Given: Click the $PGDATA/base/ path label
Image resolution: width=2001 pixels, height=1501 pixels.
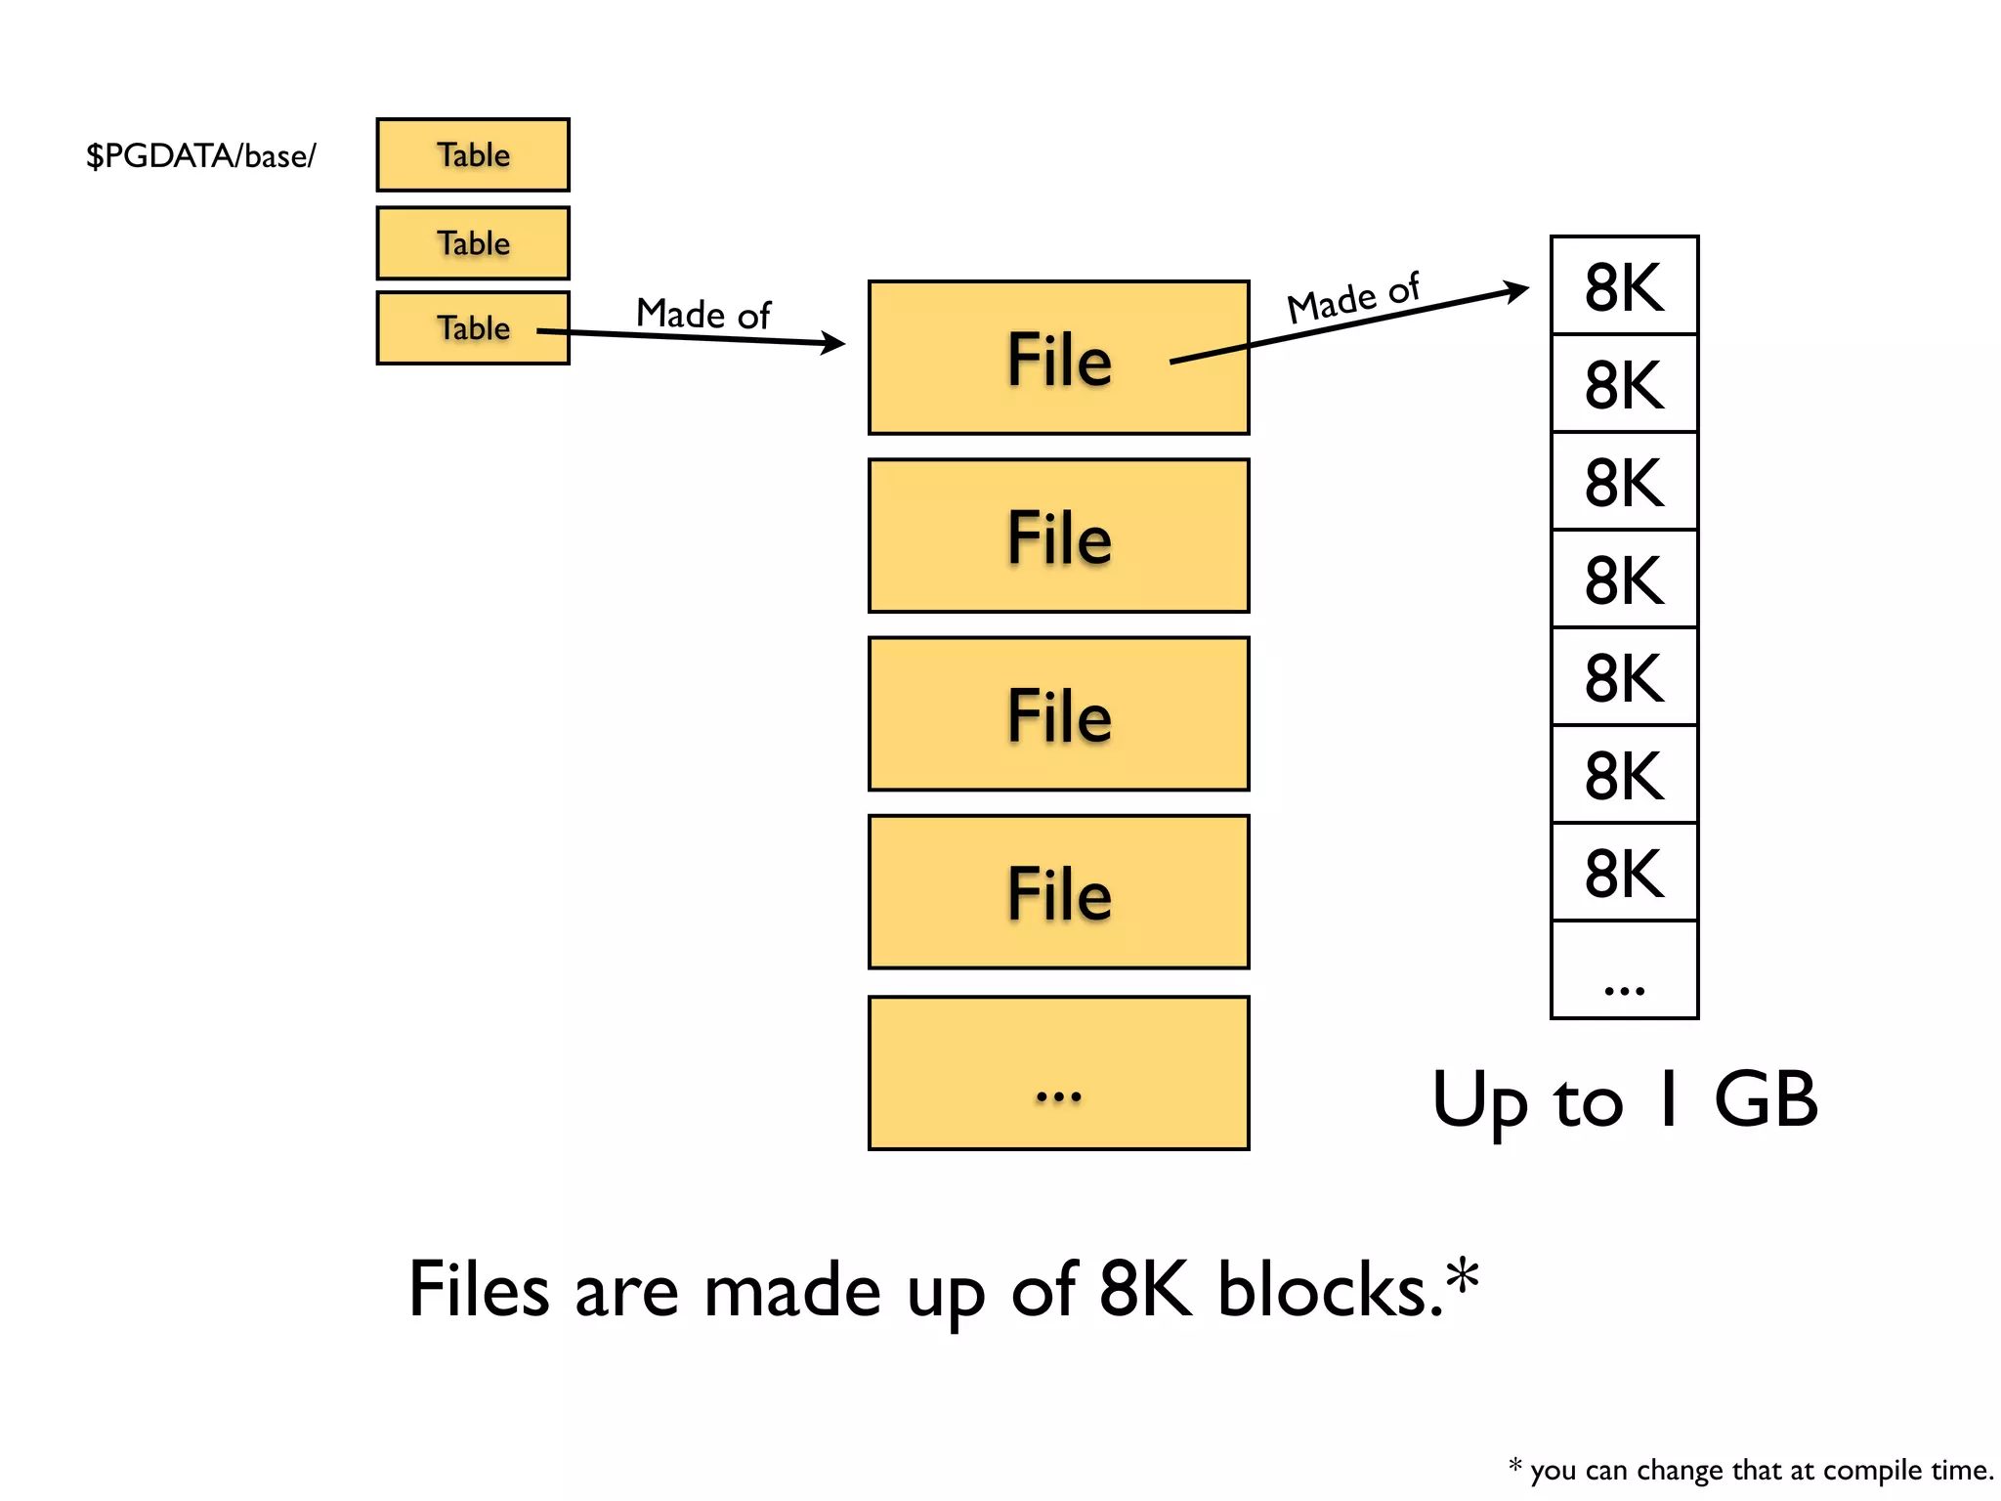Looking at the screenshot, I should point(200,155).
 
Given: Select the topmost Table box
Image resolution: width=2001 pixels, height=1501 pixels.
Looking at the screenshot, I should point(473,154).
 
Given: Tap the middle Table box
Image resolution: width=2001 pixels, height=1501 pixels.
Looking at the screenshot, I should point(473,242).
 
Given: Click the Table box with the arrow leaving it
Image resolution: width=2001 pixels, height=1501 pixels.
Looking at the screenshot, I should point(473,328).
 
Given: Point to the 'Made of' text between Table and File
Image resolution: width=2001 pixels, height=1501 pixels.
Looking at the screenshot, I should point(702,314).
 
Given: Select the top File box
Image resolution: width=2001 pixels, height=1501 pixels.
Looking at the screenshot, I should point(1058,359).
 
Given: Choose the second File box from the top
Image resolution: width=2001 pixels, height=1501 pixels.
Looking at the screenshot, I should point(1058,536).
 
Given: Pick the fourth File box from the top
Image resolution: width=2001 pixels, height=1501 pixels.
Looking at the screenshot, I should point(1058,892).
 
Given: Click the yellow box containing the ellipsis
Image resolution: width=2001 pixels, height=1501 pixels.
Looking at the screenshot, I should point(1058,1073).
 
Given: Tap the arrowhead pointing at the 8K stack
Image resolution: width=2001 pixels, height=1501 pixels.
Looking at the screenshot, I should point(1517,289).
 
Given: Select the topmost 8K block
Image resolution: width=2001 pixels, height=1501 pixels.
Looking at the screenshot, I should point(1624,286).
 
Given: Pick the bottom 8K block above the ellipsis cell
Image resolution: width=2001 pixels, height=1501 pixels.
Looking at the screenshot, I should point(1624,873).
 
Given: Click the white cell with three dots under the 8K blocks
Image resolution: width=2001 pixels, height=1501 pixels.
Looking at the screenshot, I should point(1624,970).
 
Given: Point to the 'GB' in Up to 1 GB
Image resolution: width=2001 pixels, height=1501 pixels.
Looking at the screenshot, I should point(1766,1099).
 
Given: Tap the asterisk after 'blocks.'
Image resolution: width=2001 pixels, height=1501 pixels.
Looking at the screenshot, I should point(1463,1275).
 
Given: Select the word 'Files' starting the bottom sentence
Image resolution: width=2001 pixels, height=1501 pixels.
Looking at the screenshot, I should point(479,1290).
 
